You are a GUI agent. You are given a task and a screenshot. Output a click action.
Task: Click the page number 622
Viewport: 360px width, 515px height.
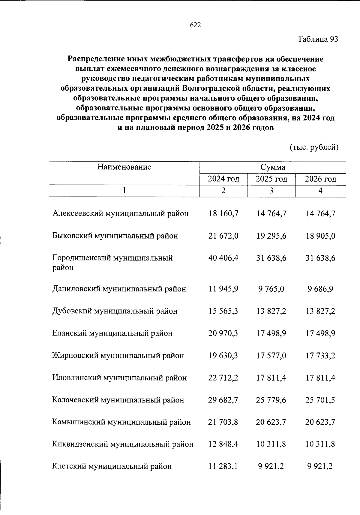point(195,25)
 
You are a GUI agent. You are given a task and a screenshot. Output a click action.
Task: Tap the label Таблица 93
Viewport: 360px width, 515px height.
point(318,39)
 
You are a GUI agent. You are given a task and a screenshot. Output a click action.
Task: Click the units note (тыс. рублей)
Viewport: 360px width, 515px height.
point(314,147)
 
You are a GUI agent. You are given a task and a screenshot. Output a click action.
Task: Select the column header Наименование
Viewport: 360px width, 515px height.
point(124,167)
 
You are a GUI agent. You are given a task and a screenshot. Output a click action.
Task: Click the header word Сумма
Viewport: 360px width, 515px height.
point(272,167)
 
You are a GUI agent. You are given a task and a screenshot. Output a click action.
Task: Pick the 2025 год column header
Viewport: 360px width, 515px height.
point(271,179)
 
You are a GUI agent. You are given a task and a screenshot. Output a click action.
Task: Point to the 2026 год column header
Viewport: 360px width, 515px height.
point(320,179)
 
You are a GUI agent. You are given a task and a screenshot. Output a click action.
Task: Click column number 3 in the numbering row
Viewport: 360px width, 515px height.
point(271,191)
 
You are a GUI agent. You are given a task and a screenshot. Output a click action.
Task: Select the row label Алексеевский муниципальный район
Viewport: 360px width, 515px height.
point(121,213)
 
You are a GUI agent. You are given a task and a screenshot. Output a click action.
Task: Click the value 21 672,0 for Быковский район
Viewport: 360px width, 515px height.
point(223,236)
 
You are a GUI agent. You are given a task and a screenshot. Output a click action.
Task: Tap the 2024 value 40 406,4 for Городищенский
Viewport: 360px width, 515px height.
point(223,258)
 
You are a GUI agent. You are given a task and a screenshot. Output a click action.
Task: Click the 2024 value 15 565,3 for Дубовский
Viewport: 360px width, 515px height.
point(223,311)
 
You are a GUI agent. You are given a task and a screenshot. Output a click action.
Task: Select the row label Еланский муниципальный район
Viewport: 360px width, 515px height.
point(112,333)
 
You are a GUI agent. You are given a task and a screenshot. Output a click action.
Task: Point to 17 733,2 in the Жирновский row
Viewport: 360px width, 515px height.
point(320,356)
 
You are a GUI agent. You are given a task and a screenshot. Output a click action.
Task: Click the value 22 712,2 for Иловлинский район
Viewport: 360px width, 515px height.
point(223,378)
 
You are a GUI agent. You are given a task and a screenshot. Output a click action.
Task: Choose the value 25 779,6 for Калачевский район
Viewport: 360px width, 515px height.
point(271,400)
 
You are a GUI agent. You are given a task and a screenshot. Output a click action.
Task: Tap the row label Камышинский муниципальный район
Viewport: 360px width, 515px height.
point(121,422)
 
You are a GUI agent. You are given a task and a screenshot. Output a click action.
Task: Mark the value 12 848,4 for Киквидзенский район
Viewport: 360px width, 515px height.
point(223,444)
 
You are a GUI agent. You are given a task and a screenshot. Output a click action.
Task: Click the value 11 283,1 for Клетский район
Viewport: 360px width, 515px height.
point(223,466)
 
